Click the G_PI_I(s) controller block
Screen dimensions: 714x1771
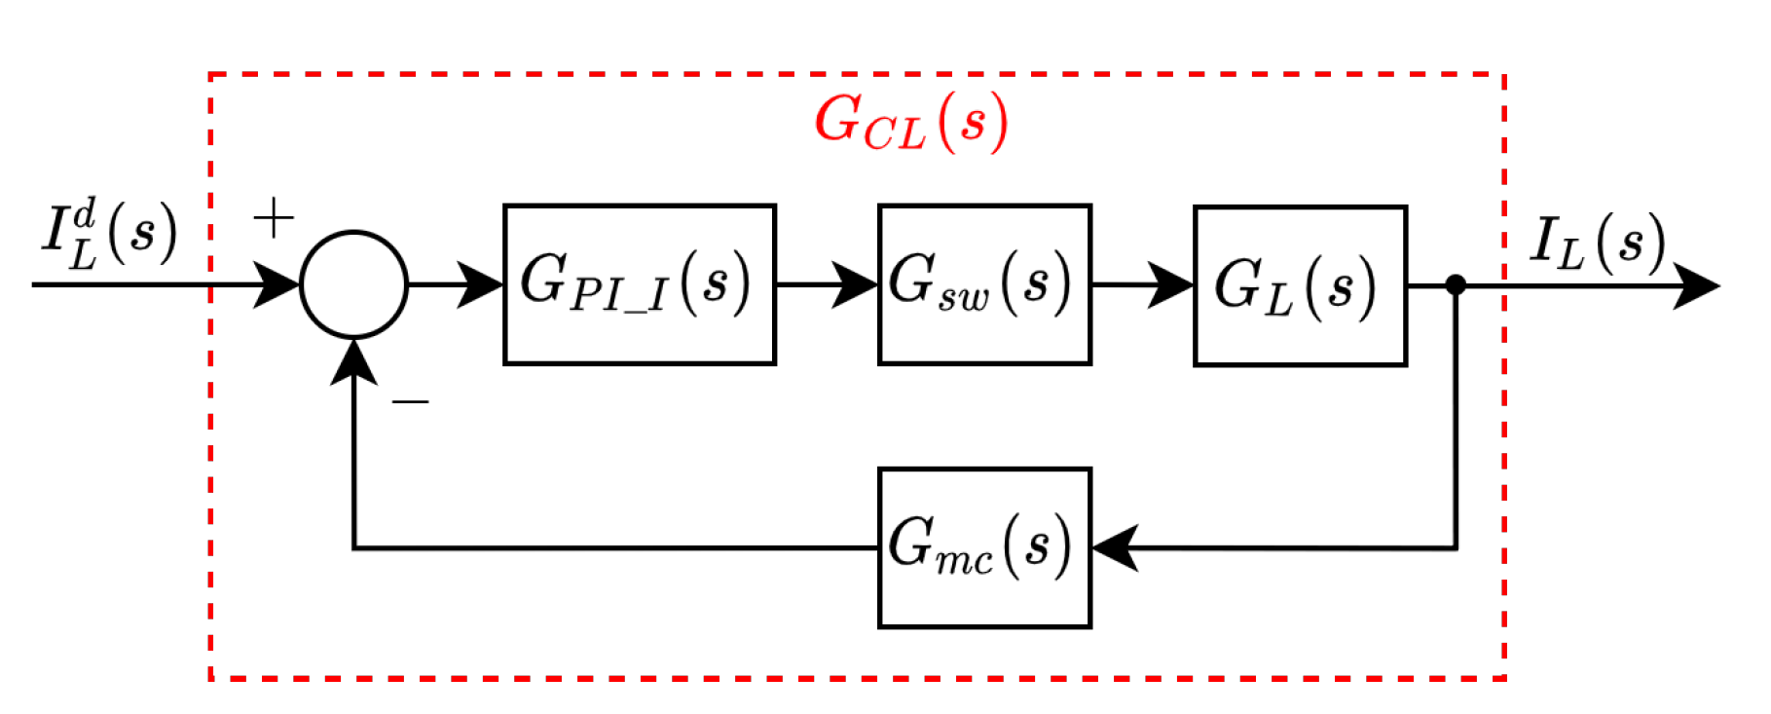coord(639,284)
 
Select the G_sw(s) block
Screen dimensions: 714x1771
coord(983,284)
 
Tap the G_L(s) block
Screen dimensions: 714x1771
coord(1299,285)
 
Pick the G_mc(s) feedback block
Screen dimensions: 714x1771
coord(983,547)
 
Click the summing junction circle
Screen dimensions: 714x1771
coord(353,284)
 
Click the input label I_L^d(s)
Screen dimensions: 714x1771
coord(109,235)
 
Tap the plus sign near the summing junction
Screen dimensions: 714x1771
coord(274,217)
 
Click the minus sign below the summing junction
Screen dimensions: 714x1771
coord(410,400)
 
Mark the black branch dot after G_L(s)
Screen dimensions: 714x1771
coord(1456,284)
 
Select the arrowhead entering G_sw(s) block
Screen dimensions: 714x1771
coord(855,284)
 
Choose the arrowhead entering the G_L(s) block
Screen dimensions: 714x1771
coord(1170,284)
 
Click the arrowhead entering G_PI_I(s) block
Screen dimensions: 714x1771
coord(479,284)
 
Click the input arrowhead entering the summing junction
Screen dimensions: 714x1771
coord(277,284)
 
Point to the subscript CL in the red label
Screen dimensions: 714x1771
coord(893,134)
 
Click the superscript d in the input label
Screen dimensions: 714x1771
coord(86,212)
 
